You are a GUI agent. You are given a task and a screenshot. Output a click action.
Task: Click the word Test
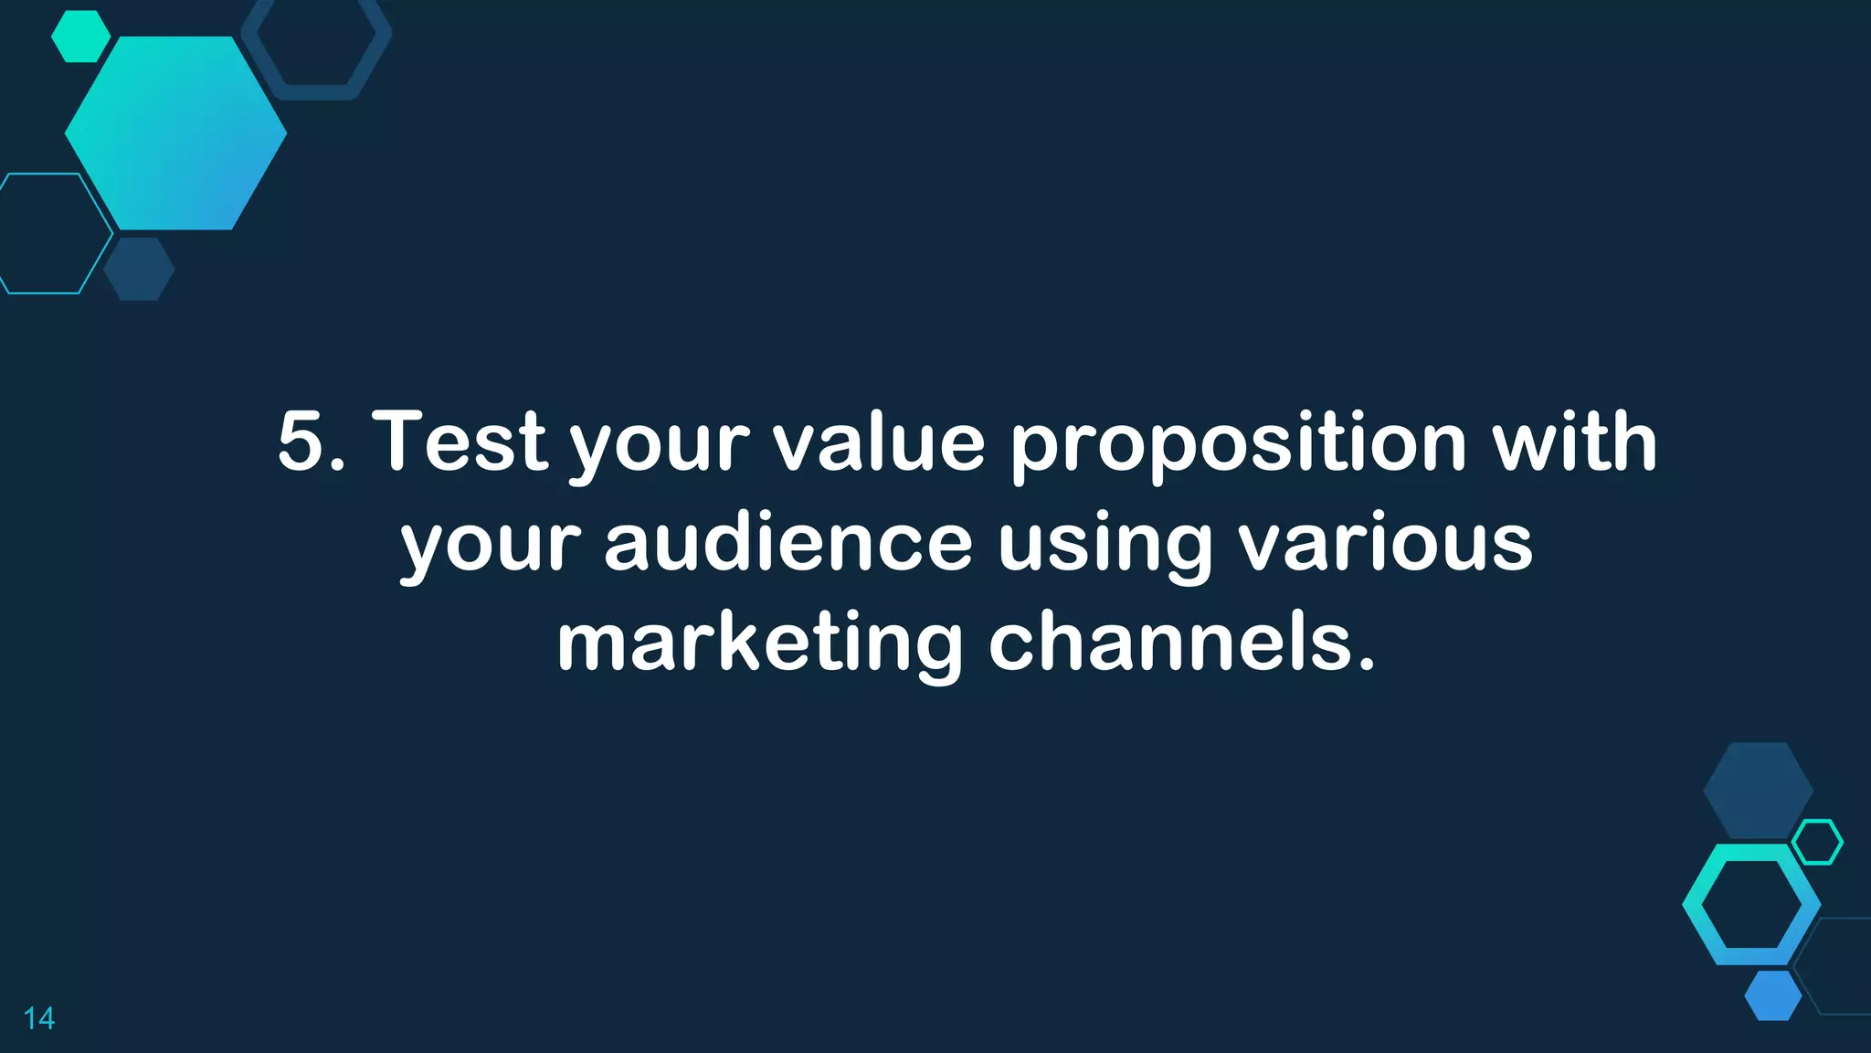click(x=460, y=441)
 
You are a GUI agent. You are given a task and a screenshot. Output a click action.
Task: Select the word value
click(x=879, y=441)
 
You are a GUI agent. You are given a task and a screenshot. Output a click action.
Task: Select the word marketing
click(x=759, y=644)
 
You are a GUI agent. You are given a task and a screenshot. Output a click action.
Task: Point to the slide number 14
click(x=39, y=1018)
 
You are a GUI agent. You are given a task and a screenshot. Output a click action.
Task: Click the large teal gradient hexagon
click(x=175, y=133)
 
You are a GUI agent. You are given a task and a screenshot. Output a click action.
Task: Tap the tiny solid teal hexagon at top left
click(x=80, y=37)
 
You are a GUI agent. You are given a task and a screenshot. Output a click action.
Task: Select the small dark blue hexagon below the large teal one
click(x=139, y=269)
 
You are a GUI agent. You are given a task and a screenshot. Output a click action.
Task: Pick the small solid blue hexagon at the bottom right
click(x=1773, y=995)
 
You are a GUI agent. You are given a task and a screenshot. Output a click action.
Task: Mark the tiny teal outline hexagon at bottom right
click(x=1817, y=842)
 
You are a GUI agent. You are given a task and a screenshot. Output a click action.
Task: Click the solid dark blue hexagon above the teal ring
click(x=1758, y=788)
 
